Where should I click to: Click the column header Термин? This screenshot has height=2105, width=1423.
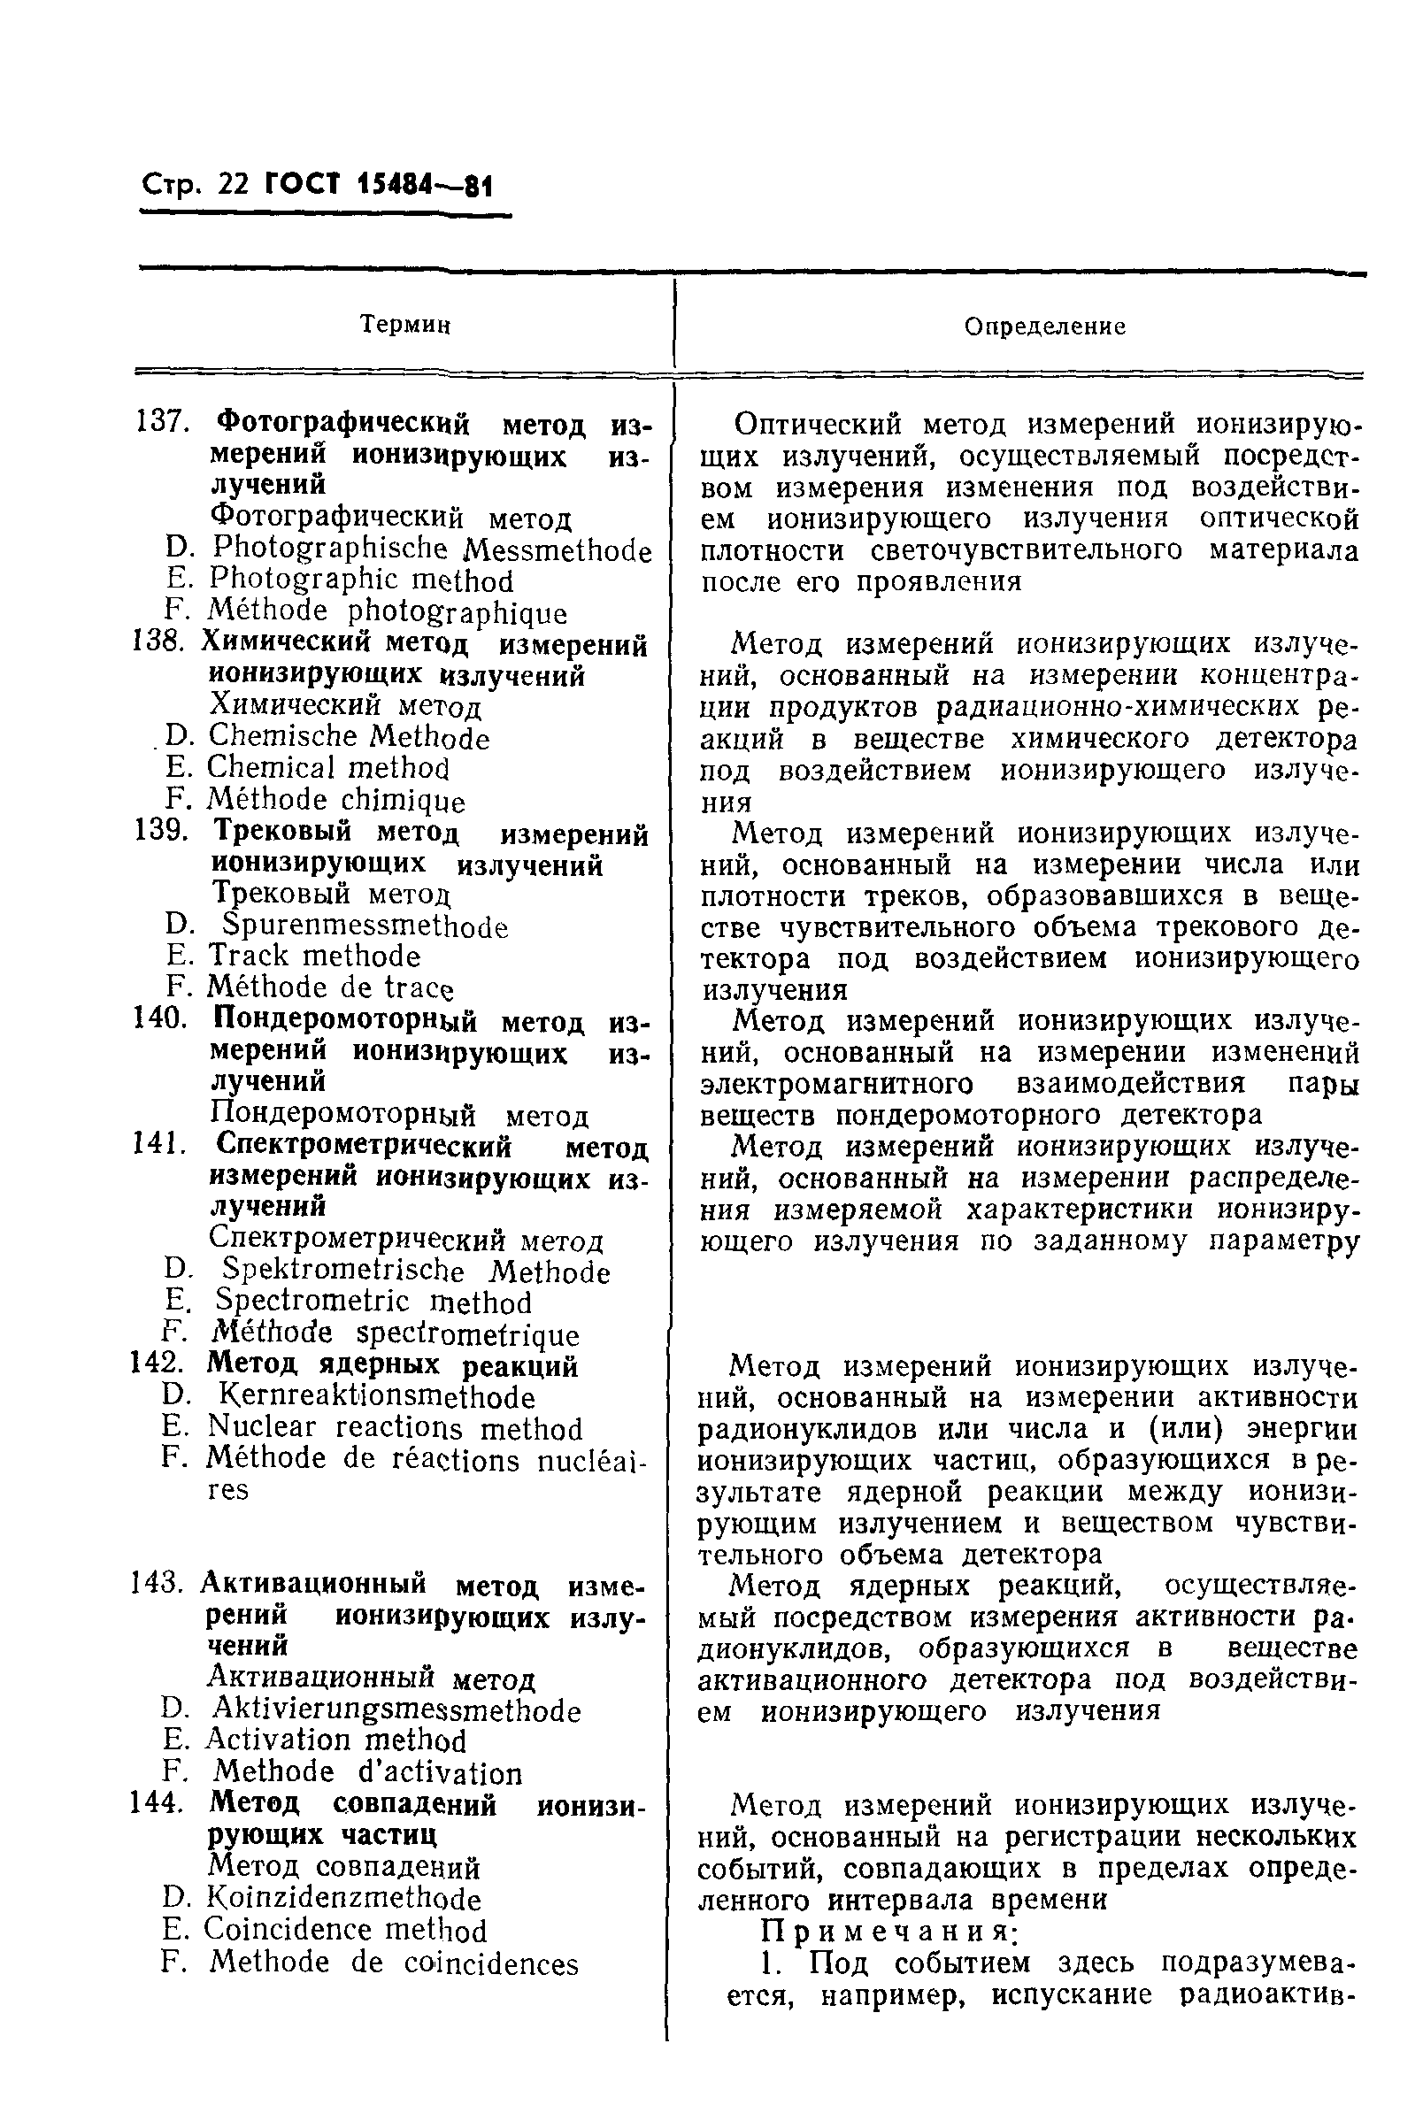pyautogui.click(x=405, y=324)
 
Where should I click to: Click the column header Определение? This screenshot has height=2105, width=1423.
pyautogui.click(x=1044, y=327)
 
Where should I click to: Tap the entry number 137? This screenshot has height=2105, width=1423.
pyautogui.click(x=161, y=422)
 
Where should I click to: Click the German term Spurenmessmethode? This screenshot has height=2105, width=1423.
pyautogui.click(x=365, y=926)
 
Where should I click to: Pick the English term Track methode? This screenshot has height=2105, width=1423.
pyautogui.click(x=314, y=956)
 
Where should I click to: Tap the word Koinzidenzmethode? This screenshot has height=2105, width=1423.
pyautogui.click(x=345, y=1899)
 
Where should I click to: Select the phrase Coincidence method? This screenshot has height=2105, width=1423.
pyautogui.click(x=345, y=1929)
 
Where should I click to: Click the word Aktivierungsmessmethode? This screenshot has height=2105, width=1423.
pyautogui.click(x=396, y=1710)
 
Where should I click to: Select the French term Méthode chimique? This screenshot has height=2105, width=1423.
pyautogui.click(x=336, y=801)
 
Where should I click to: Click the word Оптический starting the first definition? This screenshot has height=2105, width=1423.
pyautogui.click(x=819, y=423)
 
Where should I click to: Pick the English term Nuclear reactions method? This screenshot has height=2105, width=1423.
pyautogui.click(x=395, y=1428)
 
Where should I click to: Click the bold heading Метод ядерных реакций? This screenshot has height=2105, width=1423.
pyautogui.click(x=393, y=1365)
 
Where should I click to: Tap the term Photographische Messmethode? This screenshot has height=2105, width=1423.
pyautogui.click(x=431, y=549)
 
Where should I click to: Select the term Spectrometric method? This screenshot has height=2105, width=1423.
pyautogui.click(x=373, y=1302)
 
